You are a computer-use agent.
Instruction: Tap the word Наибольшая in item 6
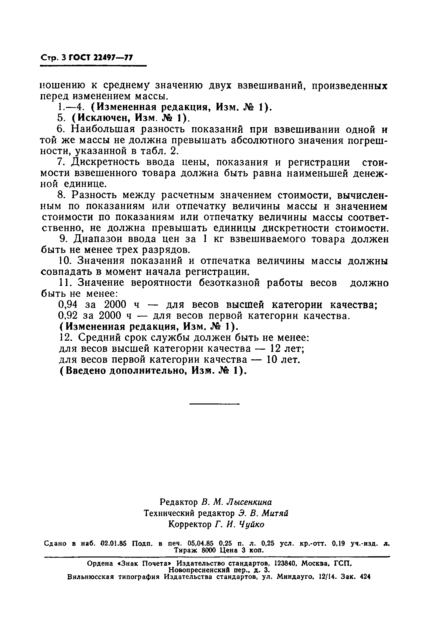tap(103, 129)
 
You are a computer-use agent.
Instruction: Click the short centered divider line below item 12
tap(214, 404)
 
